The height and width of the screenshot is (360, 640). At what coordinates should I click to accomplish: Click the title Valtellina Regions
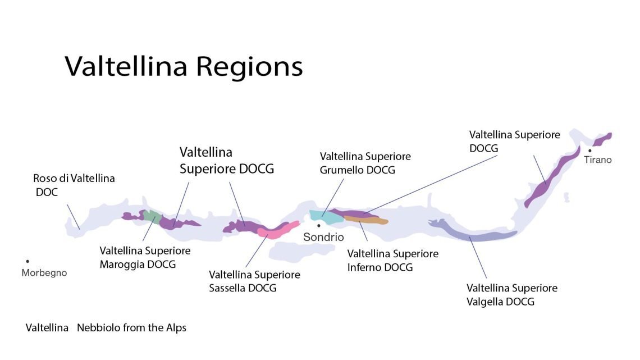(x=184, y=67)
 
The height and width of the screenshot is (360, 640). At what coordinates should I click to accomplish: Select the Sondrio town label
(x=323, y=237)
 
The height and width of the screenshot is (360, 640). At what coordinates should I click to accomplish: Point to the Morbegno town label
(x=44, y=273)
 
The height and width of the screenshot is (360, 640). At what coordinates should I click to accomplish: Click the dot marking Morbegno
(x=27, y=261)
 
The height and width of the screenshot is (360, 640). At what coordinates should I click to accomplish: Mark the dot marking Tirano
(x=589, y=151)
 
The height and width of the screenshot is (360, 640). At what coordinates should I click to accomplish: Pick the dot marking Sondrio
(x=319, y=225)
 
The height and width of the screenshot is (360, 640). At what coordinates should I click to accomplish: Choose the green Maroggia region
(x=150, y=215)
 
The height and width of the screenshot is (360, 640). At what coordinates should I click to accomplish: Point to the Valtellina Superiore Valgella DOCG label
(x=511, y=295)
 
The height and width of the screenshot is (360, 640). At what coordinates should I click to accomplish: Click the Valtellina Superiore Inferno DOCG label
(x=392, y=261)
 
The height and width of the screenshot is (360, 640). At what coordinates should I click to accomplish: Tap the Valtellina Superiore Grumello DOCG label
(x=365, y=162)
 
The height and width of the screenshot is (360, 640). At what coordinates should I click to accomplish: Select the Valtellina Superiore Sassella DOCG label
(x=254, y=281)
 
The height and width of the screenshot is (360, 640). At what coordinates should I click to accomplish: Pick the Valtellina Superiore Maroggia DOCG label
(x=145, y=257)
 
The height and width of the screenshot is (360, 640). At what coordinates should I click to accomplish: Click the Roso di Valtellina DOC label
(x=74, y=185)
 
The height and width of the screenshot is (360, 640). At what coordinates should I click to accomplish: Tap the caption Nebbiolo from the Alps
(x=131, y=327)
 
